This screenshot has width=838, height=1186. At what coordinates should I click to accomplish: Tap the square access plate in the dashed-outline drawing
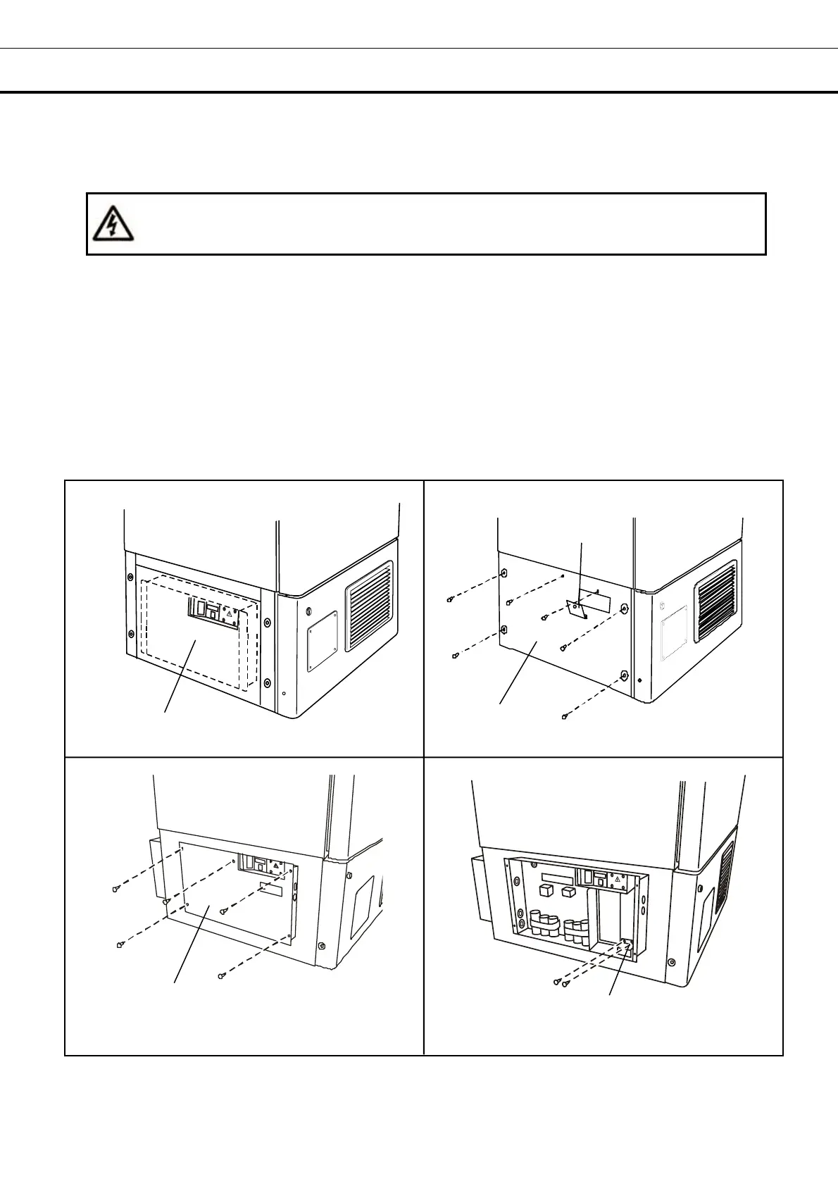(322, 640)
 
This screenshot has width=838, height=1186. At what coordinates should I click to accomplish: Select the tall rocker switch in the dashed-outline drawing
(201, 610)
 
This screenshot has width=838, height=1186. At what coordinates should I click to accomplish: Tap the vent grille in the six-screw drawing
(716, 602)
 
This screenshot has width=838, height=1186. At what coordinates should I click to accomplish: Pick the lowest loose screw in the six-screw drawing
(565, 716)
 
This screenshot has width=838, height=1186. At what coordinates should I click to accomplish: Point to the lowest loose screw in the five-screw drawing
(221, 975)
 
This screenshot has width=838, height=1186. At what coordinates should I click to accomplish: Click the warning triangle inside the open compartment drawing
(618, 880)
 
